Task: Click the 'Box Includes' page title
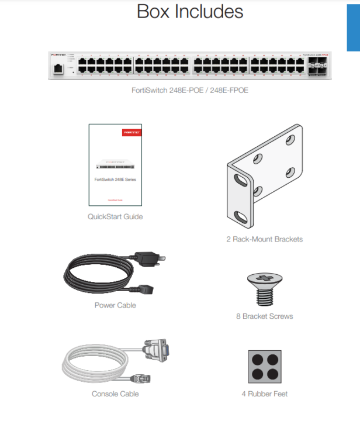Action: point(190,11)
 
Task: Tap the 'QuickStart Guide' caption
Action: point(115,216)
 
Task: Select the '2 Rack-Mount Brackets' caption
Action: point(264,239)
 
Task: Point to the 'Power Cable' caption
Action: point(115,305)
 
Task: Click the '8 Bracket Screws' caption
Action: point(264,316)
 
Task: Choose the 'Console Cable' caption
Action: point(115,394)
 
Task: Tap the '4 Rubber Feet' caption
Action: point(264,394)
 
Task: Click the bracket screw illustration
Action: point(264,288)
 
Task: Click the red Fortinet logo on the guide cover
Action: point(131,133)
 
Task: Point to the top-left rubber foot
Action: point(258,359)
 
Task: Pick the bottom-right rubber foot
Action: point(272,373)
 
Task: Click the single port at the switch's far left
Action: point(58,68)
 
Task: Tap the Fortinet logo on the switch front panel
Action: point(58,55)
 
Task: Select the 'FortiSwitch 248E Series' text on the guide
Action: point(115,180)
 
